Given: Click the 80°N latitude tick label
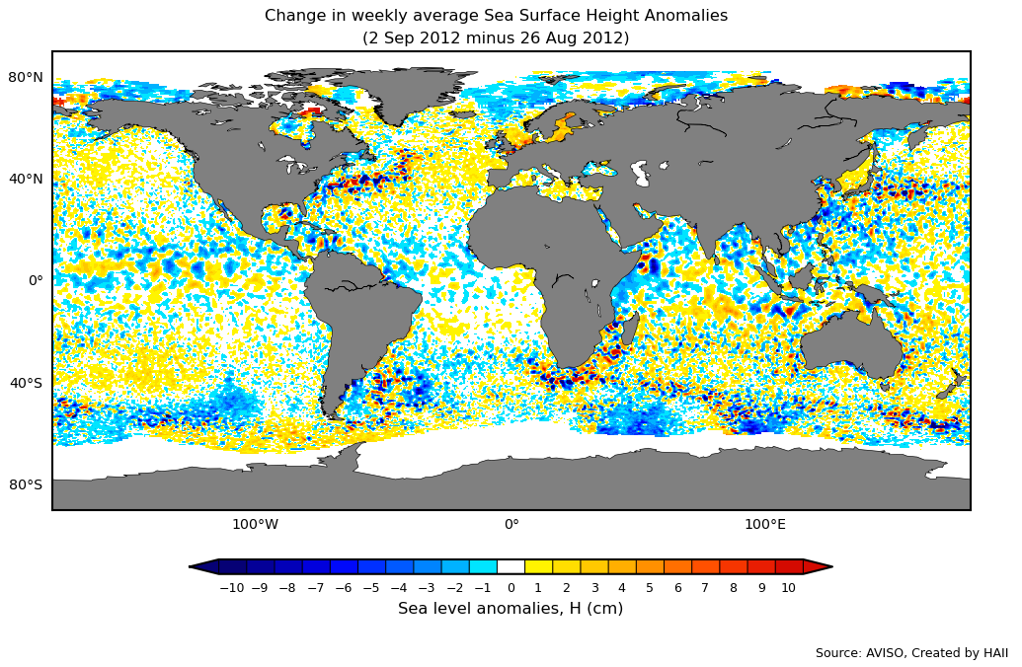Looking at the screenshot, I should click(26, 77).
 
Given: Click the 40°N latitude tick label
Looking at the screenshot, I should click(26, 179).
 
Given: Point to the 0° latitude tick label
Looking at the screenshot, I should click(36, 280).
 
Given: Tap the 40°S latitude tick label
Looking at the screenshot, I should click(26, 383).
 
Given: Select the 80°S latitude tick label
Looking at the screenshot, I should click(26, 484).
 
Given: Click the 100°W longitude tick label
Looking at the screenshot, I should click(255, 524).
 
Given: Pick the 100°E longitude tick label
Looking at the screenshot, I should click(765, 524).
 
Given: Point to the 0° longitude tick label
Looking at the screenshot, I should click(511, 524).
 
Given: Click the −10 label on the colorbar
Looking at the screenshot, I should click(231, 588).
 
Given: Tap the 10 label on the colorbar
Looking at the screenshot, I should click(788, 588).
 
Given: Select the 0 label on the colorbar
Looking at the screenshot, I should click(511, 588).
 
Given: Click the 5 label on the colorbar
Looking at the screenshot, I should click(650, 588).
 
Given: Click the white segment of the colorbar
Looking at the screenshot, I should click(511, 566).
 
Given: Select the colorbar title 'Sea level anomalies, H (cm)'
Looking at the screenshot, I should click(511, 609).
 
